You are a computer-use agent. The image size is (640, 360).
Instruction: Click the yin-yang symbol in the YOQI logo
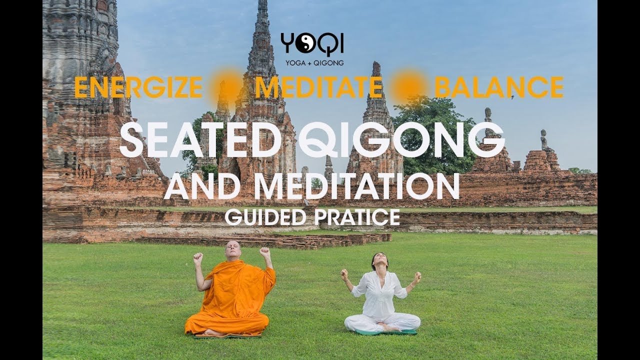pyautogui.click(x=303, y=43)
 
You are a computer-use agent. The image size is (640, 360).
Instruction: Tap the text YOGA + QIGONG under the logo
pyautogui.click(x=314, y=63)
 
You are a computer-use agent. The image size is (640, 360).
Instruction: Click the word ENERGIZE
pyautogui.click(x=139, y=87)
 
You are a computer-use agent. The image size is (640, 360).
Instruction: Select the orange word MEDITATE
pyautogui.click(x=319, y=87)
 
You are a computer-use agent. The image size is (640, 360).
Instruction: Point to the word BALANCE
pyautogui.click(x=499, y=87)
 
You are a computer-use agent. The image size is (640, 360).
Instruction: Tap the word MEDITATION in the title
pyautogui.click(x=357, y=185)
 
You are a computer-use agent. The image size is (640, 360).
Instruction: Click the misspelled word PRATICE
pyautogui.click(x=357, y=217)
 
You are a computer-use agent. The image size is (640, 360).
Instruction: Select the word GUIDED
pyautogui.click(x=265, y=217)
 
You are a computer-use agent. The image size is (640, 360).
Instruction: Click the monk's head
pyautogui.click(x=233, y=250)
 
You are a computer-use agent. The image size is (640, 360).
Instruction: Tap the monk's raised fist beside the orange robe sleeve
pyautogui.click(x=265, y=252)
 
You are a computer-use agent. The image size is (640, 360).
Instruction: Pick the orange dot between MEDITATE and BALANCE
pyautogui.click(x=408, y=86)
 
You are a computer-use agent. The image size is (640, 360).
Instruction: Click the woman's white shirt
pyautogui.click(x=379, y=294)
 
